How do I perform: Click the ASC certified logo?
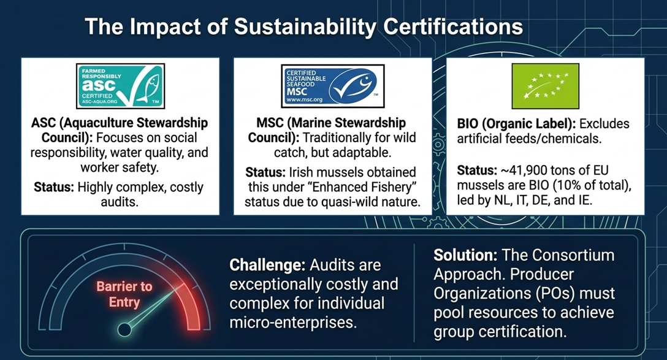120,85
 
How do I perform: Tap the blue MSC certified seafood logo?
333,85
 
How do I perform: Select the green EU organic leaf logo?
546,85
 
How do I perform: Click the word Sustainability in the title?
305,27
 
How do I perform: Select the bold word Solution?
465,255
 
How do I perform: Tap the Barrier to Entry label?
124,294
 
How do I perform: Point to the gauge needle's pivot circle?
124,329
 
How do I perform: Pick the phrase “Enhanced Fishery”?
373,187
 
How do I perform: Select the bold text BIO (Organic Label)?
516,124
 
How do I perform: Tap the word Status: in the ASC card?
54,187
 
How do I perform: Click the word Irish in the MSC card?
302,172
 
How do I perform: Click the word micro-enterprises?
293,322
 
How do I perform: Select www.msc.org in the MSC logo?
305,100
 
